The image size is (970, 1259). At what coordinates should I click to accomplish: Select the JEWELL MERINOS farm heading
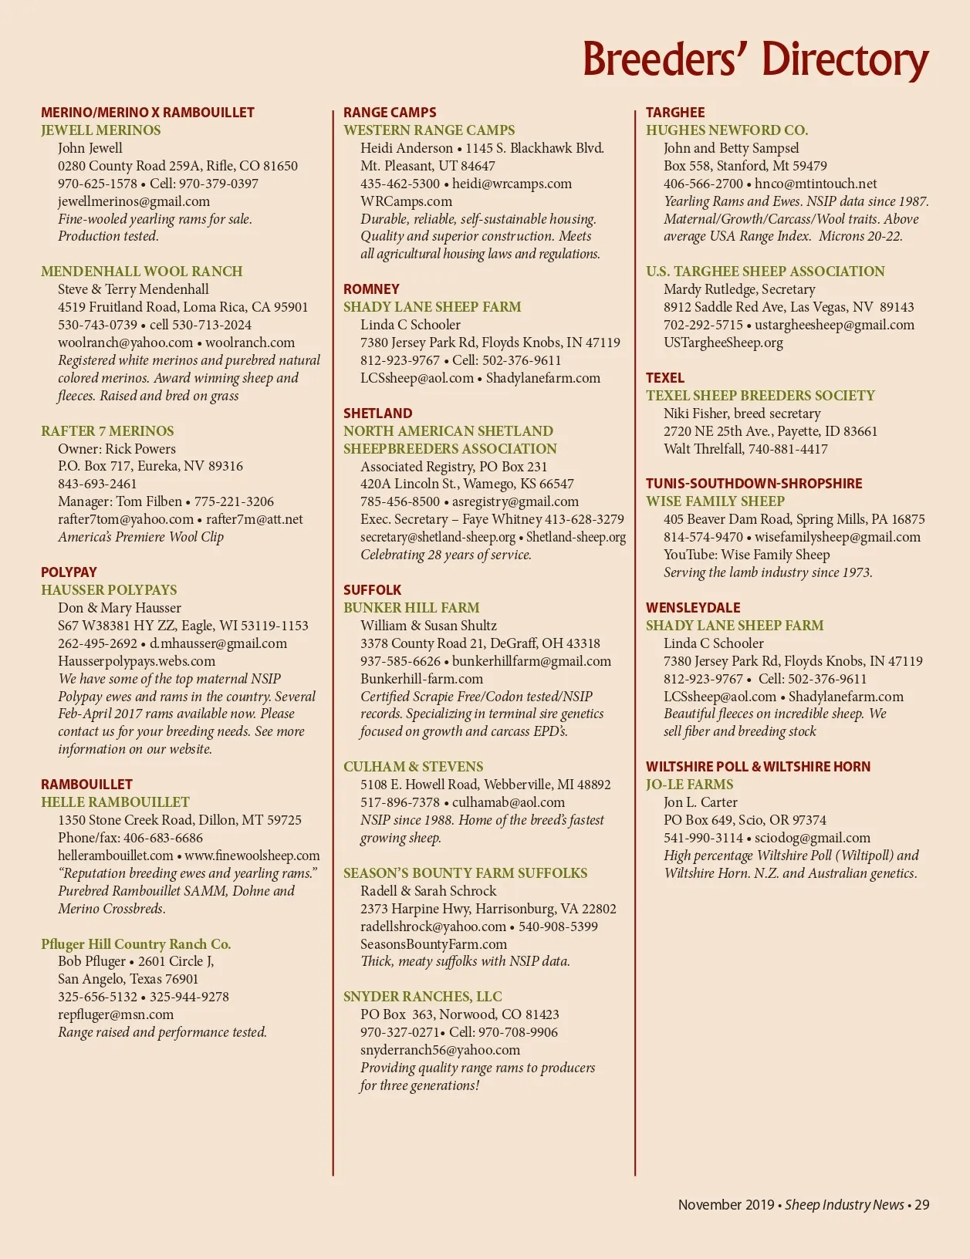tap(101, 130)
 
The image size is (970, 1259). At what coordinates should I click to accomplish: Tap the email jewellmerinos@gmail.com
tap(134, 201)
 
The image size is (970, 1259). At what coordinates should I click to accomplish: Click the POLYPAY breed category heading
tap(69, 572)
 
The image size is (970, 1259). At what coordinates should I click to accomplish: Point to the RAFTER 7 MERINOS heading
tap(107, 431)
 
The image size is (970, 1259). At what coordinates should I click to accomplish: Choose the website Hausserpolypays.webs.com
tap(137, 661)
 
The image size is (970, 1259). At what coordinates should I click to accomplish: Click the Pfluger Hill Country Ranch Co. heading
tap(136, 944)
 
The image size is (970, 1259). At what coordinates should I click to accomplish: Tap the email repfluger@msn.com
tap(116, 1014)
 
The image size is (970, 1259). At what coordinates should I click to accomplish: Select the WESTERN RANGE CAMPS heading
tap(429, 130)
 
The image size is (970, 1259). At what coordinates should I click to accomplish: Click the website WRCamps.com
tap(406, 201)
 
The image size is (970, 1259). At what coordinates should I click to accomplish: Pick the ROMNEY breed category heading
tap(371, 289)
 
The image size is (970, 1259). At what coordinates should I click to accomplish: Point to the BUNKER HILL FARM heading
tap(411, 608)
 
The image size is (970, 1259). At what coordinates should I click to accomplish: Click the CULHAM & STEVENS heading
tap(413, 767)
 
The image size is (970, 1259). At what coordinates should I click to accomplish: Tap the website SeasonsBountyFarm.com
tap(434, 944)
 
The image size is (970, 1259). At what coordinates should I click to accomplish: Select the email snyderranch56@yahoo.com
tap(440, 1050)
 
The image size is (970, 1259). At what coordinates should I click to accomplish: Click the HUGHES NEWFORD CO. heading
tap(727, 130)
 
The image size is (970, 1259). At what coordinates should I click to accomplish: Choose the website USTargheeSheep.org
tap(723, 343)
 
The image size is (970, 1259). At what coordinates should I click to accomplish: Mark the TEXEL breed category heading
tap(665, 378)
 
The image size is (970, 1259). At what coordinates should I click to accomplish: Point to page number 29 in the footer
tap(922, 1205)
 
